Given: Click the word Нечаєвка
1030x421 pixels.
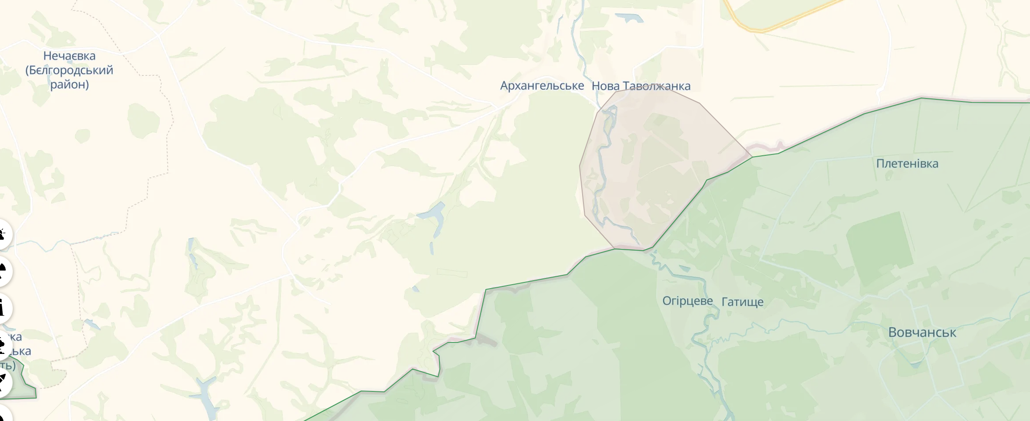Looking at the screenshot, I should click(69, 56).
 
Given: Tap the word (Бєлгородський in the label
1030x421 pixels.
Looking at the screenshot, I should click(69, 70).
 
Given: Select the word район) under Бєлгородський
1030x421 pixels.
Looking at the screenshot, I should click(69, 84).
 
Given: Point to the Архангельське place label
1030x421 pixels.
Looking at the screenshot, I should click(542, 86).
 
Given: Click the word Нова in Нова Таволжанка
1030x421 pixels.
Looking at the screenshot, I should click(605, 86).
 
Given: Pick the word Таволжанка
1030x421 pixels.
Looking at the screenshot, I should click(656, 86).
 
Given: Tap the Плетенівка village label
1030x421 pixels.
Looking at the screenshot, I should click(907, 164).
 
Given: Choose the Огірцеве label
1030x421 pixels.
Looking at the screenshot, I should click(687, 301).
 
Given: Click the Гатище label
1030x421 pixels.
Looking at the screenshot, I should click(742, 302).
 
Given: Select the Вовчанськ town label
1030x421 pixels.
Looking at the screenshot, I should click(922, 332).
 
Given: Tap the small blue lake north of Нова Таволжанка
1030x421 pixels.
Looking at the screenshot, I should click(629, 18).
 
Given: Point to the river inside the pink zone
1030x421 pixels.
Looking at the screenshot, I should click(600, 177).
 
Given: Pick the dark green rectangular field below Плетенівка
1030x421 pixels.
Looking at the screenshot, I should click(879, 247).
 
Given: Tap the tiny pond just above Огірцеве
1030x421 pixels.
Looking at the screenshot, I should click(685, 268).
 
